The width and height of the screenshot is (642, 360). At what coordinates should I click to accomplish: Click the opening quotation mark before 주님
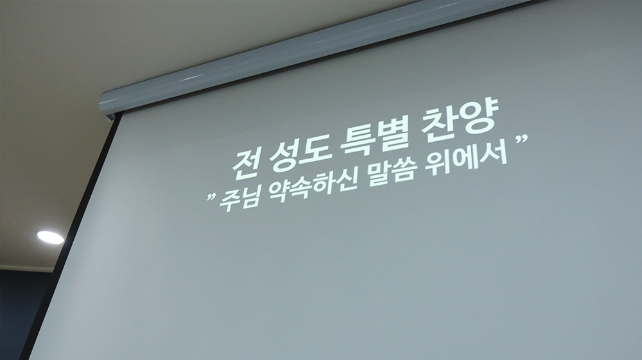pos(211,198)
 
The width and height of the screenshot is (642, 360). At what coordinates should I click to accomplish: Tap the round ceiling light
pos(50,237)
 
